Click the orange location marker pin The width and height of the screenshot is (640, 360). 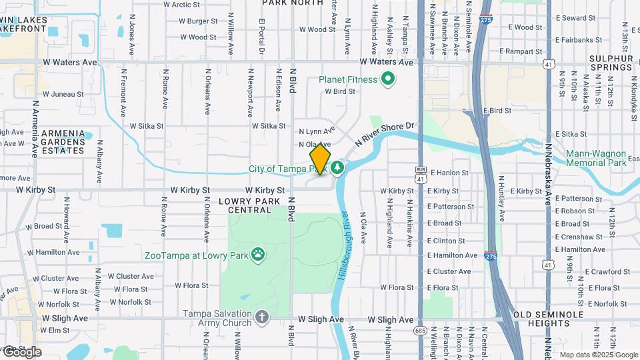coord(320,159)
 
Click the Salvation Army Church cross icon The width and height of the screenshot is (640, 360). coord(262,317)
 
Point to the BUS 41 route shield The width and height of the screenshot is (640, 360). coord(420,175)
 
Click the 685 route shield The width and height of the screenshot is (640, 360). coord(420,330)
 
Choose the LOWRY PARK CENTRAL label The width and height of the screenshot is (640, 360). coord(250,205)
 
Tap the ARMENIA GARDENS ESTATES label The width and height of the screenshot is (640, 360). coord(63,141)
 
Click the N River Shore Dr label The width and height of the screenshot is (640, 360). coord(385,133)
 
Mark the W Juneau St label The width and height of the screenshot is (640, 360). coord(62,94)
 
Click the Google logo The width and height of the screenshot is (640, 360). coord(22,352)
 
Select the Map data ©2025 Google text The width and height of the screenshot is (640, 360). coord(598,355)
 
